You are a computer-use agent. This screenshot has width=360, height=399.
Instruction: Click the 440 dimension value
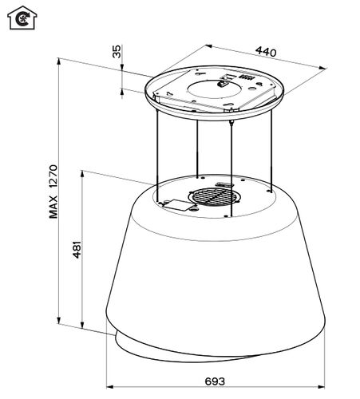[x=266, y=52]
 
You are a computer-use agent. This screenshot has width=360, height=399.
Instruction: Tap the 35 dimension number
[x=117, y=52]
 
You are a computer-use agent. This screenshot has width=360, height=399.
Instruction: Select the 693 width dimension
[x=215, y=381]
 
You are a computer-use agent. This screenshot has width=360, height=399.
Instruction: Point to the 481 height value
[x=77, y=250]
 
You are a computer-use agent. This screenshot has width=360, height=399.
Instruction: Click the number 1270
[x=53, y=177]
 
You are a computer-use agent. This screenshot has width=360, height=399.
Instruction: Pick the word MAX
[x=53, y=207]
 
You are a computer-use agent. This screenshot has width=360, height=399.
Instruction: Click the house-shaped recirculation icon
[x=22, y=18]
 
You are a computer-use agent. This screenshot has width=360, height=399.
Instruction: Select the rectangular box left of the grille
[x=178, y=205]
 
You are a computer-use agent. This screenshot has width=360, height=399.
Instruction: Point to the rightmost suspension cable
[x=271, y=151]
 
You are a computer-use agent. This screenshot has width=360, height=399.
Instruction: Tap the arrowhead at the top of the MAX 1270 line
[x=59, y=61]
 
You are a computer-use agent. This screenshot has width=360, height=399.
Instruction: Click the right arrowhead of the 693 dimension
[x=322, y=386]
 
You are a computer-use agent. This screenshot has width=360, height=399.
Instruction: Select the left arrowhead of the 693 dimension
[x=109, y=386]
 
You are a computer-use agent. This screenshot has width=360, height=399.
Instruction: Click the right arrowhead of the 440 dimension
[x=322, y=68]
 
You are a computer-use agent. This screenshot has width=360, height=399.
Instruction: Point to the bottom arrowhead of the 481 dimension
[x=82, y=325]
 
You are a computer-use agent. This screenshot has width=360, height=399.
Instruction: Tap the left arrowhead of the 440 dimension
[x=208, y=46]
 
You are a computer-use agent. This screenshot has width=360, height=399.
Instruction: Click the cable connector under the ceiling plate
[x=231, y=123]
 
